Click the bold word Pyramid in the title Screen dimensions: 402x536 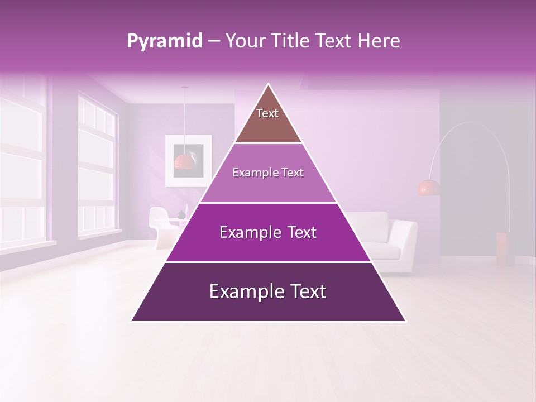tap(164, 41)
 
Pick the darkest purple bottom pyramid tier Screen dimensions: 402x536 tap(268, 304)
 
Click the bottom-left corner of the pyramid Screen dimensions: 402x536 tap(132, 320)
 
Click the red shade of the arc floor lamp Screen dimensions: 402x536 tap(428, 188)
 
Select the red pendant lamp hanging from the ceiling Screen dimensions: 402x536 tap(184, 161)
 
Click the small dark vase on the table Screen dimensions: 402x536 tap(181, 215)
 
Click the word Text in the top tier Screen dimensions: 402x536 tap(267, 113)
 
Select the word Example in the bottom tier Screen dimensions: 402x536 tap(240, 291)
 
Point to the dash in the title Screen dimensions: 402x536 tap(214, 41)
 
